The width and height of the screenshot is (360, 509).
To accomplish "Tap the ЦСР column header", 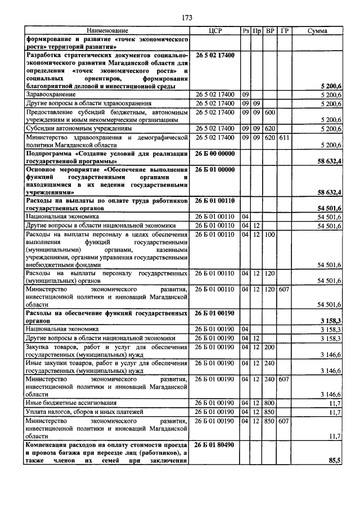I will pos(215,30).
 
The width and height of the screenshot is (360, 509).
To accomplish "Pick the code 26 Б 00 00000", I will pos(215,153).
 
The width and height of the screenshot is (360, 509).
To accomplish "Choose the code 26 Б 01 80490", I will pos(215,445).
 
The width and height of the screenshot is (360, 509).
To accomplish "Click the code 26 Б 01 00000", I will pos(215,169).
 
